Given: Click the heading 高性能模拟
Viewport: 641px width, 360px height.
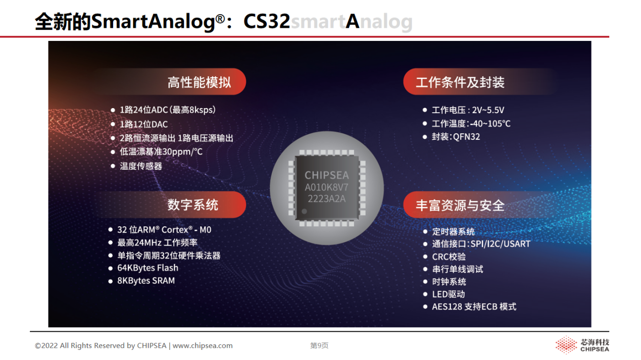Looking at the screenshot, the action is click(199, 82).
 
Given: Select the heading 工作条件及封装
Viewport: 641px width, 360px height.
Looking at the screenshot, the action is click(460, 82).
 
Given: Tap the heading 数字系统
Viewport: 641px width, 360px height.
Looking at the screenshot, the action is click(193, 205).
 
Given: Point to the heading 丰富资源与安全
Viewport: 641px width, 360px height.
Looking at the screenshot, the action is click(460, 205).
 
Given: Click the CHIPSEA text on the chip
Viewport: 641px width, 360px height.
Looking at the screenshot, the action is click(326, 175).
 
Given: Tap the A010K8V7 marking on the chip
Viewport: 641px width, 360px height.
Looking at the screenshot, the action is click(326, 187).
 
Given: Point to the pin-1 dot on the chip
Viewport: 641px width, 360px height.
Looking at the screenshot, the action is click(304, 212).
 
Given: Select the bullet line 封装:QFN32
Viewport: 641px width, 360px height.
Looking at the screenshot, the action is click(456, 137).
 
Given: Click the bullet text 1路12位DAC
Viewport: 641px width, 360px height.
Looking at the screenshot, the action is click(143, 124).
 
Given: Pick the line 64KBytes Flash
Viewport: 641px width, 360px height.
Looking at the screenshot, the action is click(147, 268).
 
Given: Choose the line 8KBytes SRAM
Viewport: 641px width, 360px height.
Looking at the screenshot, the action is click(146, 281).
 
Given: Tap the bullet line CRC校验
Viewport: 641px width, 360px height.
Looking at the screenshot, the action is click(449, 257).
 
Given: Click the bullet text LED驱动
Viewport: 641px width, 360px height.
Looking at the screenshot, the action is click(449, 294).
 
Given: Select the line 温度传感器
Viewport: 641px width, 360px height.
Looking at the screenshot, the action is click(141, 166).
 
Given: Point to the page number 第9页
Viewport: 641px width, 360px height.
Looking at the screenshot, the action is click(319, 346).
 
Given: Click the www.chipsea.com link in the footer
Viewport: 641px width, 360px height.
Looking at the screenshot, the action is click(203, 346).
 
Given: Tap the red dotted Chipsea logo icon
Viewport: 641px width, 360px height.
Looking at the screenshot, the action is click(566, 345).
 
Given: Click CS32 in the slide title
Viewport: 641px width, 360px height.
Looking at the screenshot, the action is click(267, 21).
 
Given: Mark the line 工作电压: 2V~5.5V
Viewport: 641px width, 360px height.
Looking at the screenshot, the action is click(468, 110).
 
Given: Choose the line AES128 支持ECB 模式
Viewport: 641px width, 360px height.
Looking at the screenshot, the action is click(474, 307).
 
